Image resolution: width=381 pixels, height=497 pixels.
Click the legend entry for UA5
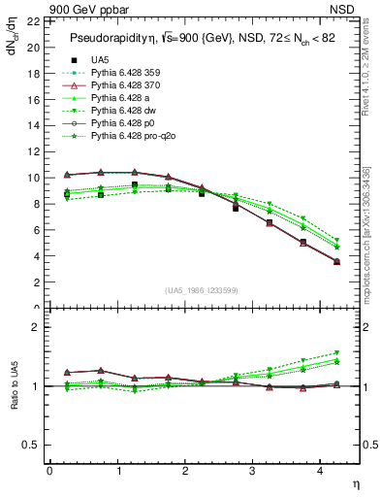(99, 60)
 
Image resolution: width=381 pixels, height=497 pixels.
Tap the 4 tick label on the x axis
(318, 471)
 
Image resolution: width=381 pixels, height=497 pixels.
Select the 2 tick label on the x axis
(184, 471)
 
